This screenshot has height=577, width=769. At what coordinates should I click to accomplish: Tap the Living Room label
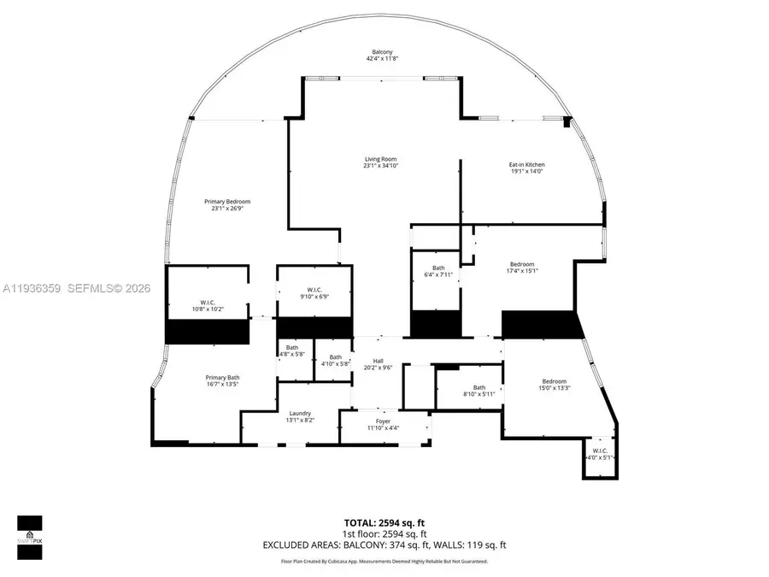point(381,159)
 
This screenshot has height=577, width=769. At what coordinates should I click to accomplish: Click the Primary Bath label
point(222,378)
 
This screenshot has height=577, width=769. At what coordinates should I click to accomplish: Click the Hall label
point(378,361)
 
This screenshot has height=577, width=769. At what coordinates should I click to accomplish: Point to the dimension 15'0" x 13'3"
point(554,388)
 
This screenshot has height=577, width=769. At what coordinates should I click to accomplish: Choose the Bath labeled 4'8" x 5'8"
point(292,350)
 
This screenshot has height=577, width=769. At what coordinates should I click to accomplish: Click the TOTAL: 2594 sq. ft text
point(384,521)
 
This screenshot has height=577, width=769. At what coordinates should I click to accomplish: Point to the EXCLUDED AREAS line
point(384,545)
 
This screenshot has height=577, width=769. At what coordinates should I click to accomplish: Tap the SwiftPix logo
point(29,537)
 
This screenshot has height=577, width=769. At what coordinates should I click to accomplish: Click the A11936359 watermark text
point(30,289)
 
